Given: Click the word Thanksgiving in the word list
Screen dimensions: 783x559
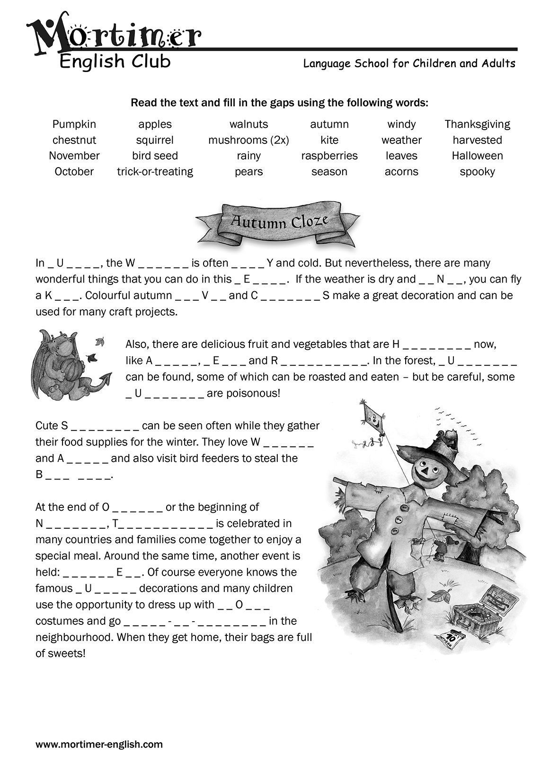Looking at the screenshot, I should [x=477, y=124].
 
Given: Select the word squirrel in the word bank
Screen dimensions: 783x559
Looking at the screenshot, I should [x=155, y=140].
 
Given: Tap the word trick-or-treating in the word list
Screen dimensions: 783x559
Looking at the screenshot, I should [x=155, y=171].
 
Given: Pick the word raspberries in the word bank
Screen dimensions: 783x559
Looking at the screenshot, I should [x=329, y=156].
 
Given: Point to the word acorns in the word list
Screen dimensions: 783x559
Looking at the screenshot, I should [x=401, y=171].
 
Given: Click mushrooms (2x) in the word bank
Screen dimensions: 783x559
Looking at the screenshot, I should [x=248, y=140].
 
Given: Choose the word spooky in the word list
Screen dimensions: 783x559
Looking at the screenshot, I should [x=477, y=171].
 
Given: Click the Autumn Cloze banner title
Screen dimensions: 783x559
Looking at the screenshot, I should [x=279, y=222].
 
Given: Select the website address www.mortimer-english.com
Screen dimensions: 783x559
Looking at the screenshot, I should [x=99, y=744].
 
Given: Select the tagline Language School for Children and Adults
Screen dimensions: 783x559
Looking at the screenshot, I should [x=409, y=63].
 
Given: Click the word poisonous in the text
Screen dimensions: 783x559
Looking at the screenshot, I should [x=256, y=393].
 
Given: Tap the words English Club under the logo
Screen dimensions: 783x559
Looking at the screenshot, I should [x=115, y=62].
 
